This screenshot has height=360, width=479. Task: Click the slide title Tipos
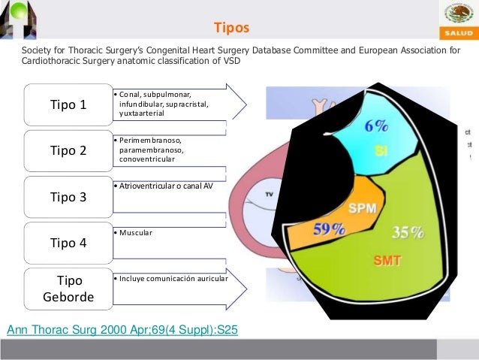click(x=230, y=29)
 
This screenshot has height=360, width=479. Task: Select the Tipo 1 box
click(x=68, y=104)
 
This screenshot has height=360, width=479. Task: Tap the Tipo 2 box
click(x=68, y=150)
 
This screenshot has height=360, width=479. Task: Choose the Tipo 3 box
click(x=68, y=197)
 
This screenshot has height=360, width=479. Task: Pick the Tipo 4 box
click(x=68, y=243)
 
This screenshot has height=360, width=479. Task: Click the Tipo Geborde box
click(x=68, y=289)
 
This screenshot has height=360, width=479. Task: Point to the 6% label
click(x=376, y=127)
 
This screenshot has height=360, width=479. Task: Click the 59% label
click(x=328, y=228)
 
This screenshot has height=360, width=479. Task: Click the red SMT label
click(x=387, y=261)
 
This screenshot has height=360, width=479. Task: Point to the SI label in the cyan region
click(x=381, y=151)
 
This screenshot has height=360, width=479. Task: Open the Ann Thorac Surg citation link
click(x=122, y=329)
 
